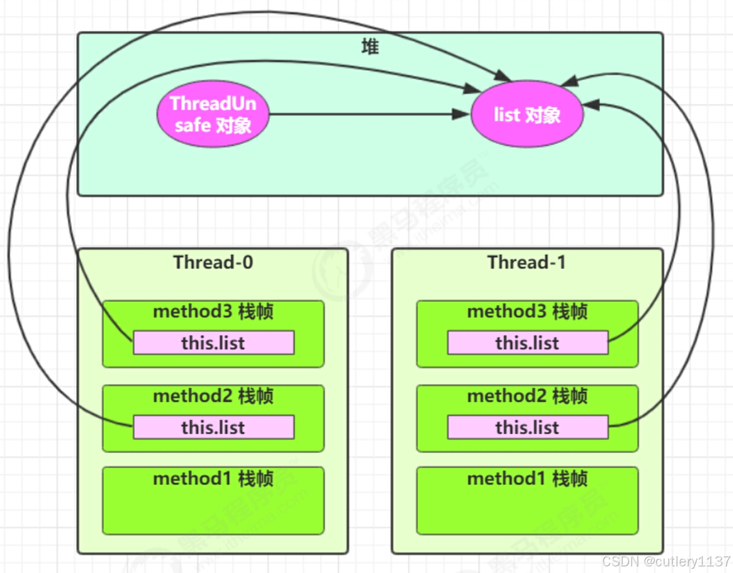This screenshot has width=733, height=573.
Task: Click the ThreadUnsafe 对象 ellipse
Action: coord(213,114)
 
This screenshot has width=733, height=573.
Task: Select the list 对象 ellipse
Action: coord(527,115)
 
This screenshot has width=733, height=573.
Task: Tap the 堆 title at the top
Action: coord(370,47)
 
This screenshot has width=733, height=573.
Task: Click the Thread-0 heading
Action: coord(213,263)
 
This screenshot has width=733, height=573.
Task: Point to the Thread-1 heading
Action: coord(527,263)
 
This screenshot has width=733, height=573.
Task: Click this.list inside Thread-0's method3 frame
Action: coord(213,343)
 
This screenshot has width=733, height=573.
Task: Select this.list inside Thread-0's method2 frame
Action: coord(213,427)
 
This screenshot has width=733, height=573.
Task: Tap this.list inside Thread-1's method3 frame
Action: coord(527,343)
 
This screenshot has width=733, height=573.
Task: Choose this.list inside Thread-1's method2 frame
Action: coord(527,427)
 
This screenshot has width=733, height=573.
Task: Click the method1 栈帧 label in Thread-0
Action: coord(213,479)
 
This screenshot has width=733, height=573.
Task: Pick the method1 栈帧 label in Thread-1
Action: coord(527,479)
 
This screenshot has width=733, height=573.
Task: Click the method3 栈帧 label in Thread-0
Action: coord(213,312)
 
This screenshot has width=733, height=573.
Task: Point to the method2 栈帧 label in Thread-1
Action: coord(527,397)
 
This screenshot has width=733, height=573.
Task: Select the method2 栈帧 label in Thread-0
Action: coord(213,397)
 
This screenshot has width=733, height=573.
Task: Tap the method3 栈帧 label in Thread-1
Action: coord(527,312)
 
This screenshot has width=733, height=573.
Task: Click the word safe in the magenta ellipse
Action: coord(191,126)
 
